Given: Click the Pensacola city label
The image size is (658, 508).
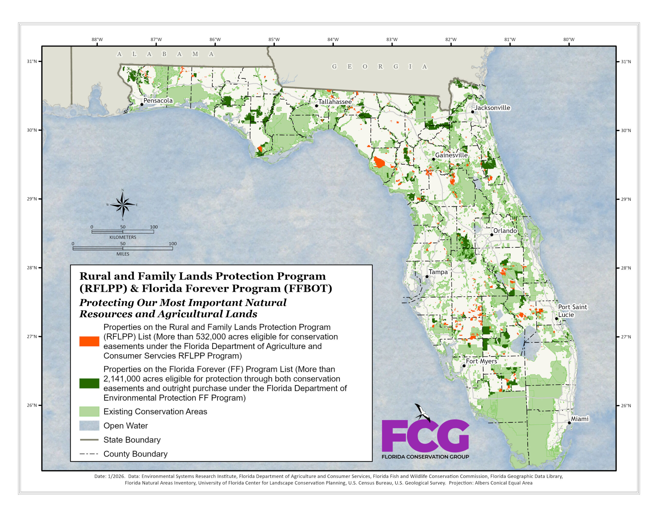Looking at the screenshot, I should tap(158, 101).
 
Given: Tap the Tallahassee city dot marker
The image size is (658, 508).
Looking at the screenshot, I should tap(316, 106).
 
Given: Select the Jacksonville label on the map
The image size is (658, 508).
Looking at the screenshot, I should tap(492, 108).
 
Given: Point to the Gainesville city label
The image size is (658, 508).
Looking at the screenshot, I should tap(451, 155).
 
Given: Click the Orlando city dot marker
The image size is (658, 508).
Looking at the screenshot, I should tap(491, 234).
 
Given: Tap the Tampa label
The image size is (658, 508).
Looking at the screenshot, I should tap(438, 272).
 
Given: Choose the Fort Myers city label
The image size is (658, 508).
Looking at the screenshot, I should tap(481, 361).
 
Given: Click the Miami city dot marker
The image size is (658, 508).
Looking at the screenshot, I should tap(569, 423).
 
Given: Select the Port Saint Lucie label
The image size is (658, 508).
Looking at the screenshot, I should tap(572, 311).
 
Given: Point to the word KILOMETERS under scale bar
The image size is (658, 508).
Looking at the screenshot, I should tap(123, 237).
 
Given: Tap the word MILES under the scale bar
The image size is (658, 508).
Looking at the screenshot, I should tap(123, 254).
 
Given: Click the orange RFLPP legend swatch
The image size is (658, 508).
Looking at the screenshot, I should tap(89, 341).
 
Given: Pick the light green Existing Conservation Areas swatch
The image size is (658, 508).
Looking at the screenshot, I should tap(89, 411).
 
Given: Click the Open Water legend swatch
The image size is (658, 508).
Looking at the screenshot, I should tap(89, 426).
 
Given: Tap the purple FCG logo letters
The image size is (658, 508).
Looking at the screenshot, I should tap(425, 436).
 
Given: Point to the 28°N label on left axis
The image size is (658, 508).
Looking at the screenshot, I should tap(32, 268).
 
